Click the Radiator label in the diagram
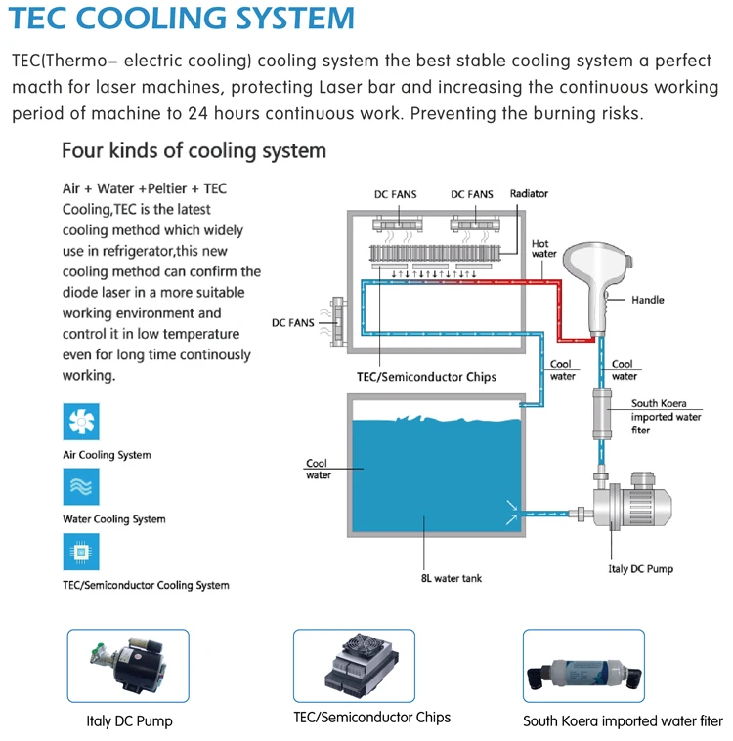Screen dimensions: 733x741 click(529, 193)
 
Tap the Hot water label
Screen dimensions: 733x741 click(543, 249)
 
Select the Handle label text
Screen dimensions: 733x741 click(647, 300)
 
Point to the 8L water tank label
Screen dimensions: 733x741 click(451, 578)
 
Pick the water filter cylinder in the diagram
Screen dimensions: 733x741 click(601, 414)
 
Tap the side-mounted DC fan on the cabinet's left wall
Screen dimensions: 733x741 click(336, 322)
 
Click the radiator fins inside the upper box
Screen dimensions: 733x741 click(434, 253)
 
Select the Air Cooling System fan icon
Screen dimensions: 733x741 click(81, 422)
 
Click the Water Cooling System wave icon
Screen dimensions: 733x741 click(81, 487)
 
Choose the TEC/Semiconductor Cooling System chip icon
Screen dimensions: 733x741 click(81, 552)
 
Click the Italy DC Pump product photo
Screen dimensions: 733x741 click(128, 666)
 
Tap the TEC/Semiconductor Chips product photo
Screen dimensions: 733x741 click(354, 666)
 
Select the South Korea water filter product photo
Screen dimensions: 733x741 click(583, 666)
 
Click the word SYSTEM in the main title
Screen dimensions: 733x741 click(294, 18)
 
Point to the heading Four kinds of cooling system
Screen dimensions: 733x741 click(194, 150)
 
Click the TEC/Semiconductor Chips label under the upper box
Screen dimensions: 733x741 click(426, 377)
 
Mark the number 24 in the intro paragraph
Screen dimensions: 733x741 click(197, 114)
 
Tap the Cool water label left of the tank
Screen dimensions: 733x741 click(318, 469)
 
